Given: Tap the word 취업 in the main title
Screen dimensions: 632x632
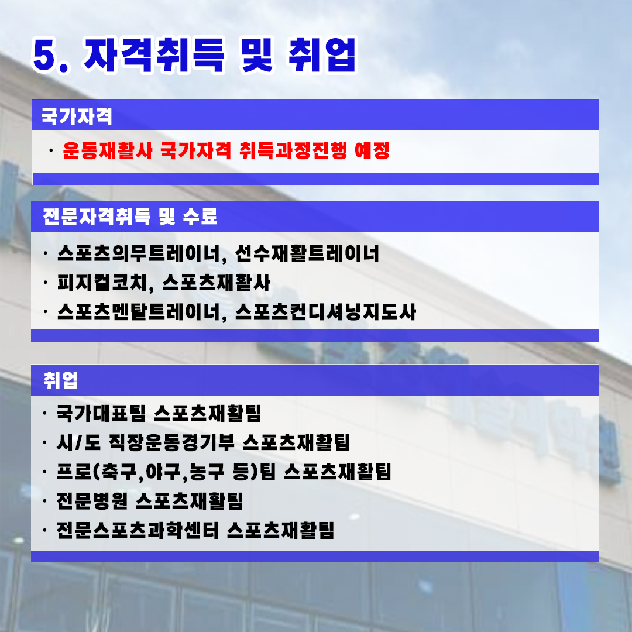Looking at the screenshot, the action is (322, 55).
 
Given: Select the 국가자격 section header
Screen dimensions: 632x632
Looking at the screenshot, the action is (77, 116).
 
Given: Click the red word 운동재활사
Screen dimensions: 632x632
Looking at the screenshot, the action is (108, 151).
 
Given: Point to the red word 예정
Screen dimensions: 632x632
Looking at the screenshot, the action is (372, 151).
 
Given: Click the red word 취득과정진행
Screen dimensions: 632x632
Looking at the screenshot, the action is (293, 151).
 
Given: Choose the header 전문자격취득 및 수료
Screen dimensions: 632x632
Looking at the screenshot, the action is (130, 217).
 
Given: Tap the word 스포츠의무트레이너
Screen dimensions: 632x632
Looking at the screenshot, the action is (139, 254).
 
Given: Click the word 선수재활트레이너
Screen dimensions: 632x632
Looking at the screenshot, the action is (307, 253).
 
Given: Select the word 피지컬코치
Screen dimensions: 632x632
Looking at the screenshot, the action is (102, 283).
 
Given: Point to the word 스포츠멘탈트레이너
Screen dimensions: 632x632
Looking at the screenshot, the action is (139, 312).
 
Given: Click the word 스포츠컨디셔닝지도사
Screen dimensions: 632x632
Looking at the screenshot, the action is (326, 312).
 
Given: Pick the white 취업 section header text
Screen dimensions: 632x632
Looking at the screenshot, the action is (60, 380).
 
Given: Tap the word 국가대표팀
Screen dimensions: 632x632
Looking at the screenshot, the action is (101, 413).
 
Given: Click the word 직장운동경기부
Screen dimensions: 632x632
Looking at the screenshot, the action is (171, 442).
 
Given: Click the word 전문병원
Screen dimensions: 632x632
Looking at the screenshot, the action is (92, 501).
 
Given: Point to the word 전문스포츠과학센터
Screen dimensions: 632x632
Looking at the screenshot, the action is (138, 530).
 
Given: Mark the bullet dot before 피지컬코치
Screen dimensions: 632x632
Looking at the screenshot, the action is (46, 283).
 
